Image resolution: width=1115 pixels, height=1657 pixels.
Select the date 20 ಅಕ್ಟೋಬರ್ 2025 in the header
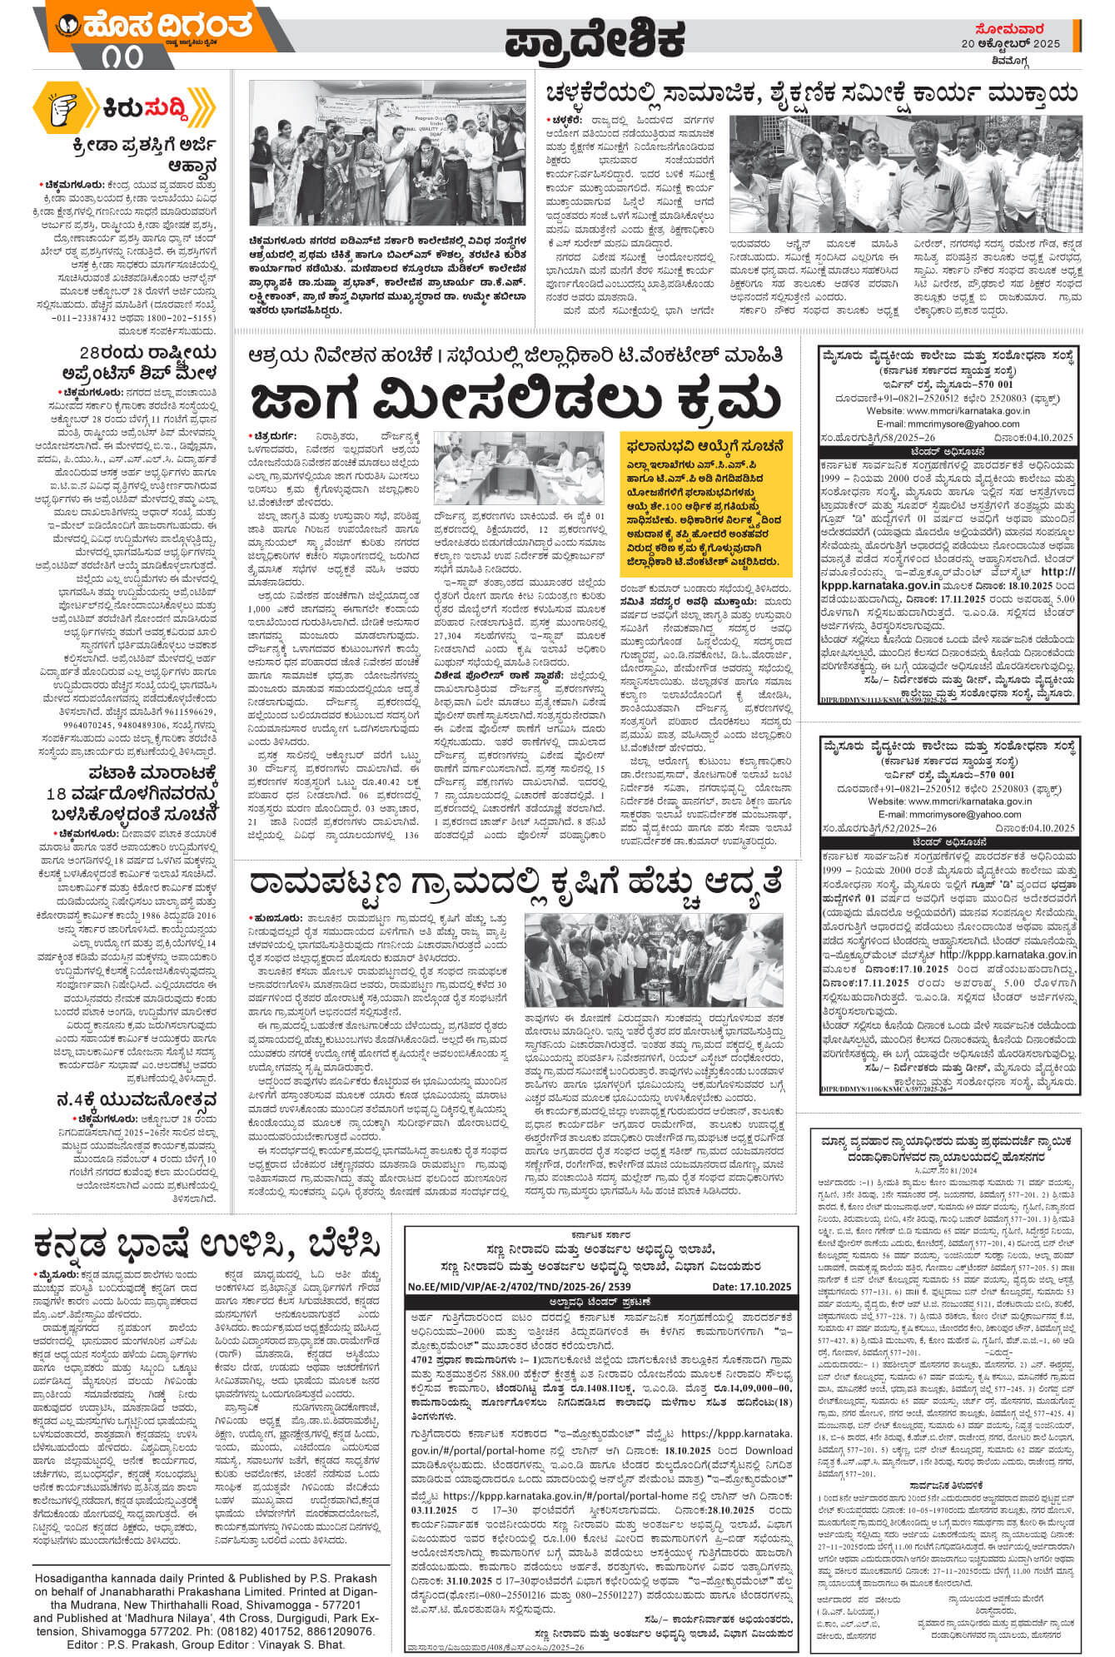tap(1011, 43)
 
